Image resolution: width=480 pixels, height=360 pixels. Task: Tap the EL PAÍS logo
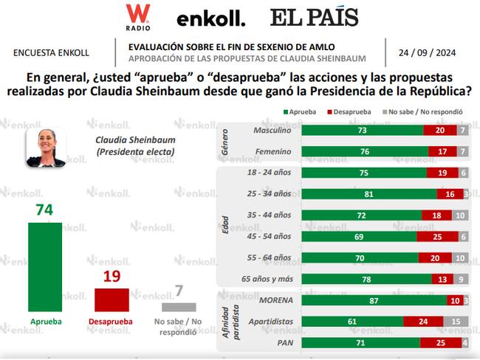[x=314, y=17]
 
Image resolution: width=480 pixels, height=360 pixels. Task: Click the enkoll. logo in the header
[x=210, y=18]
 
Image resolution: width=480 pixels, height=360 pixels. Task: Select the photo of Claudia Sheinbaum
[x=46, y=147]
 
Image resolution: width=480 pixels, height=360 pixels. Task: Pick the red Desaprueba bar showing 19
[x=112, y=300]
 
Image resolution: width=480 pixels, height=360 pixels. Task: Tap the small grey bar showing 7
[x=178, y=307]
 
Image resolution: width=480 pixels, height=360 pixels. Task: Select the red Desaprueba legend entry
[x=347, y=112]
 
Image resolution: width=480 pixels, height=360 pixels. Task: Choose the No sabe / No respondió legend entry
[x=422, y=112]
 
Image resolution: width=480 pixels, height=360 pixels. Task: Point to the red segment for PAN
[x=440, y=344]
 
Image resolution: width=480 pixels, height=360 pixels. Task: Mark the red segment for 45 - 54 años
[x=437, y=237]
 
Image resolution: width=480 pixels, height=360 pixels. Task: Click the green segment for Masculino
[x=363, y=130]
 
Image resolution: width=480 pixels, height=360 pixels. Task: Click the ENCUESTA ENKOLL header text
[x=51, y=53]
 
